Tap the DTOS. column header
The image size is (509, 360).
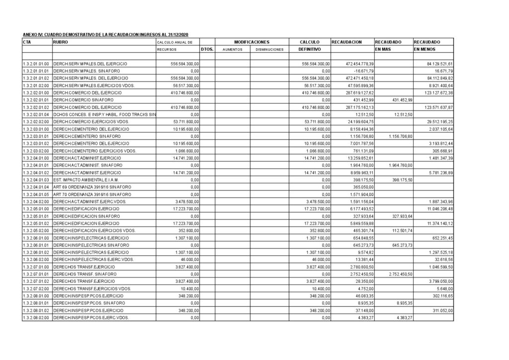coord(207,50)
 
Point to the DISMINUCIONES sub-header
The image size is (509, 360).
coord(269,50)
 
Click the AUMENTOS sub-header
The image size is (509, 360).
coord(232,50)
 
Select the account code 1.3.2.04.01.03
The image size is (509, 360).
coord(36,180)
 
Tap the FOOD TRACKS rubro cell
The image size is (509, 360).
coord(105,115)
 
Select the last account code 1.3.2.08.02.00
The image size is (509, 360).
coord(36,317)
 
